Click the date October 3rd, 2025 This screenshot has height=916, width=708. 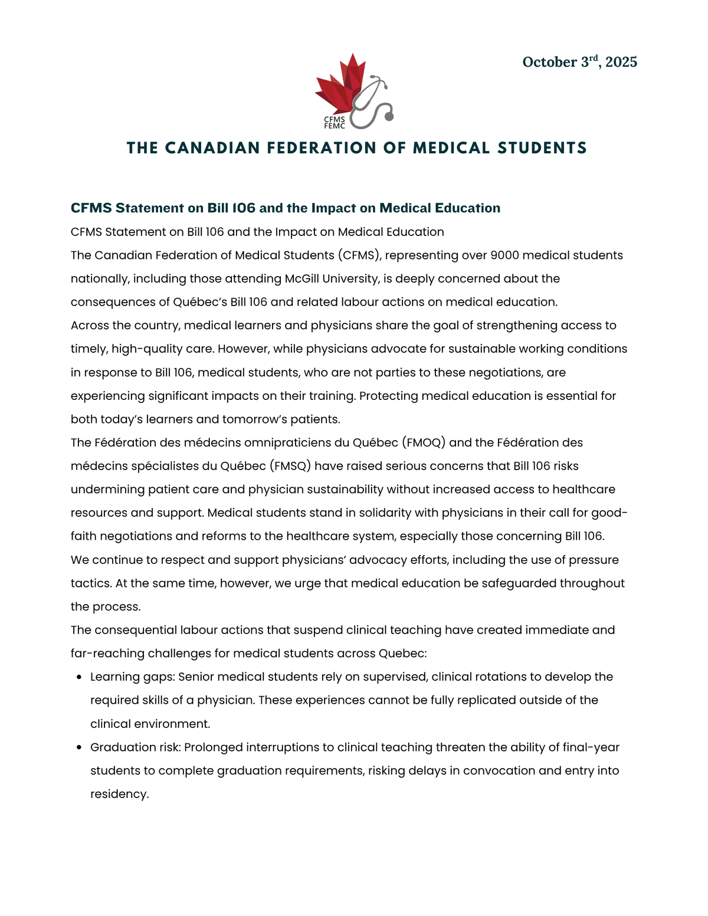(579, 62)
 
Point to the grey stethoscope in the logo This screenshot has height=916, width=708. (374, 103)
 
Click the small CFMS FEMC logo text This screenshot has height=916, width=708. (335, 123)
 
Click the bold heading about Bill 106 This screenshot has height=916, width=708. (286, 208)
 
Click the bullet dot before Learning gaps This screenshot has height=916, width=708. (79, 678)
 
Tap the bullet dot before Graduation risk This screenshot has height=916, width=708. (79, 748)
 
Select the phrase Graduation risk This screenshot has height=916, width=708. (135, 747)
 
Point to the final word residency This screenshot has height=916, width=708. (119, 794)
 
